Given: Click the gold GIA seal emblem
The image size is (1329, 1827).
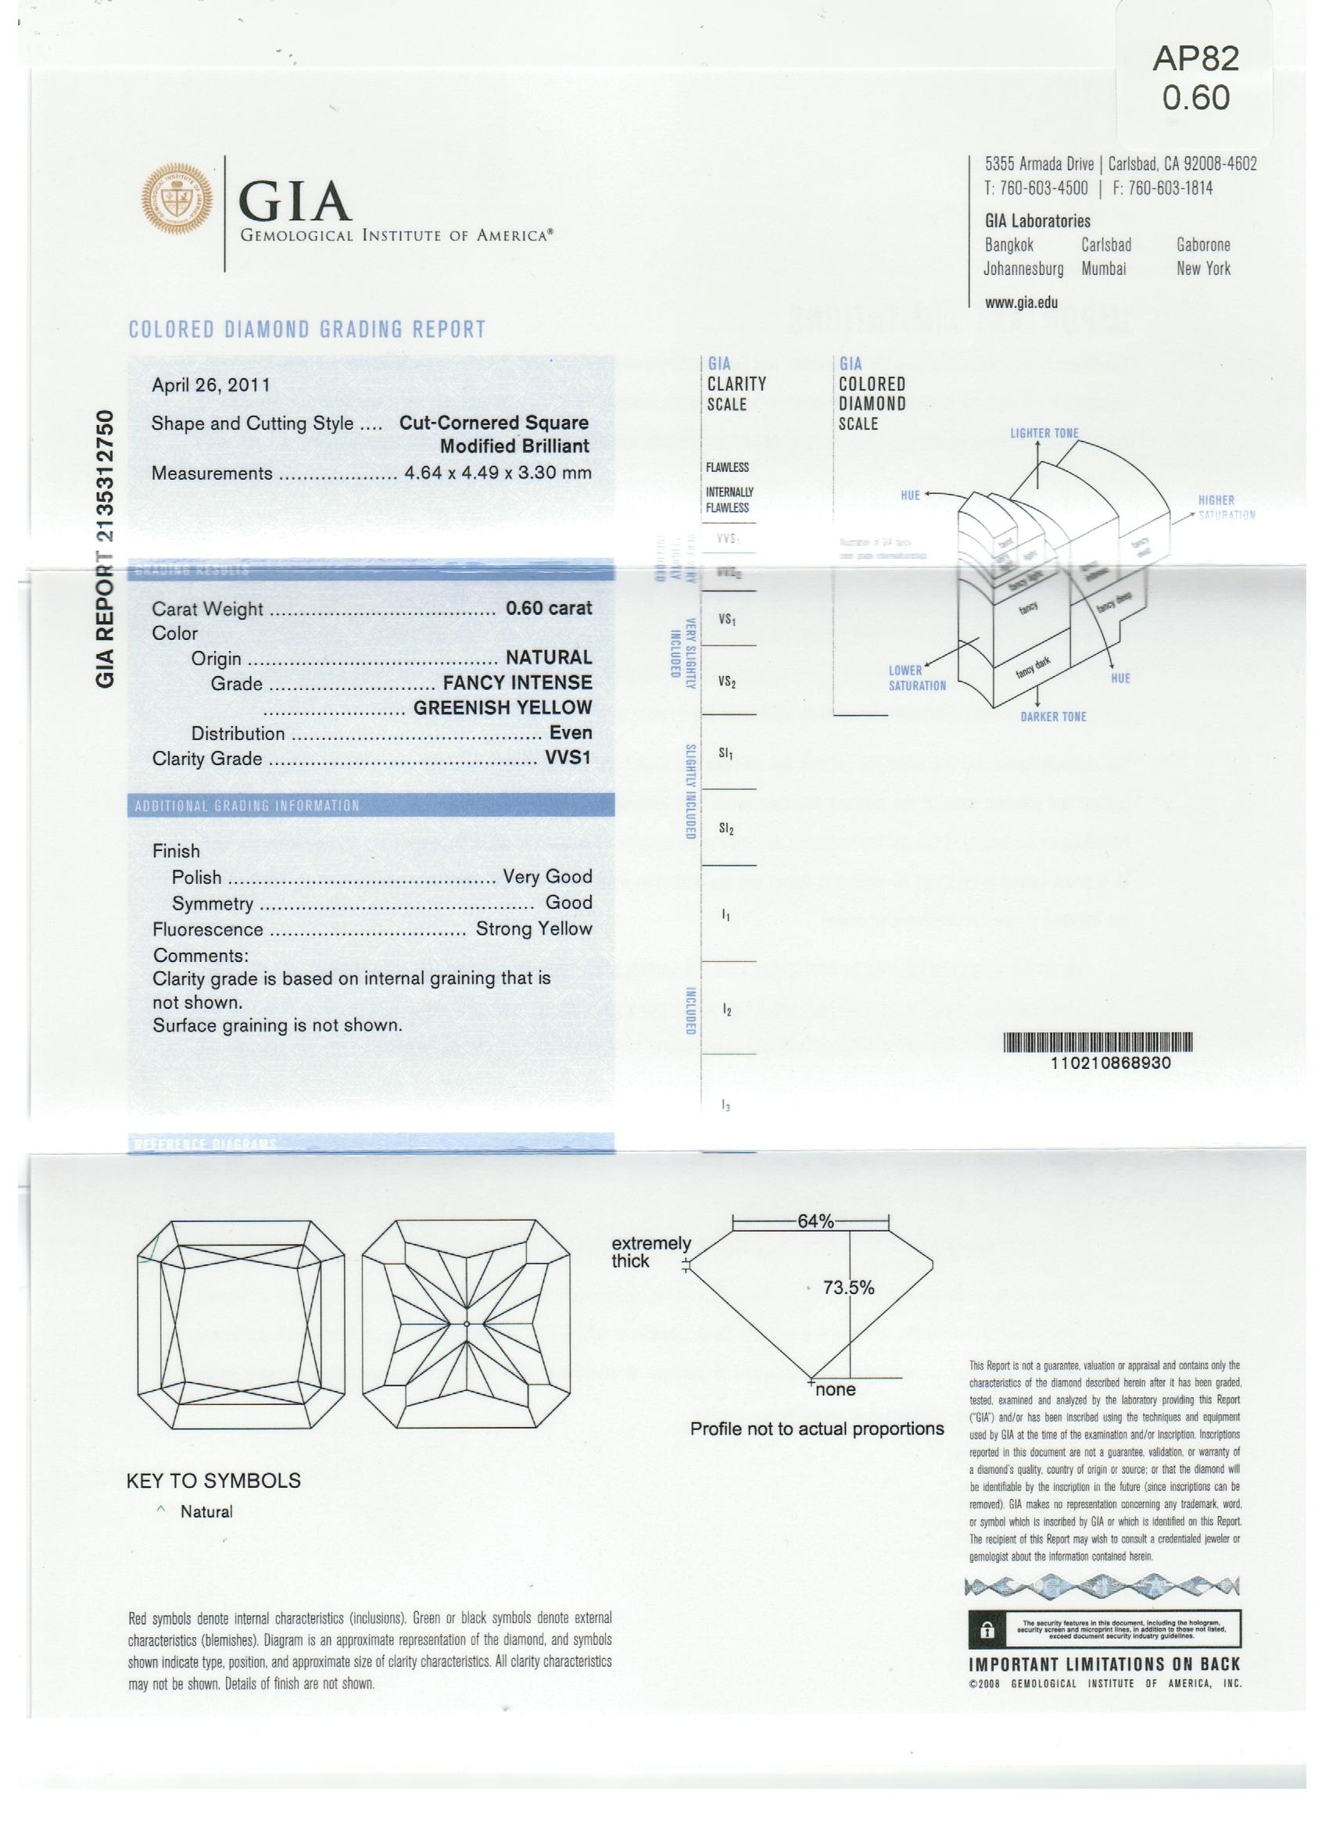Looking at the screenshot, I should [x=177, y=198].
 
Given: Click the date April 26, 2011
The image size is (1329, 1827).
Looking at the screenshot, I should [x=210, y=385].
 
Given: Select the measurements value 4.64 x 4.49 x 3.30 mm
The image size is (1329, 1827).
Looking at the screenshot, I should [x=497, y=473].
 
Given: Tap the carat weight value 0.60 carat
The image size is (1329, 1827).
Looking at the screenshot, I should [x=548, y=608].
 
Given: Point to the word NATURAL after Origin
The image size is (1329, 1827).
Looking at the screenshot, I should [x=548, y=657].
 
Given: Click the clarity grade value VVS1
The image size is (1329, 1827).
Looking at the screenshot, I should [x=568, y=758].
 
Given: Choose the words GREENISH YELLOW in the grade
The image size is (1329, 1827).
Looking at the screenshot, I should [x=502, y=707].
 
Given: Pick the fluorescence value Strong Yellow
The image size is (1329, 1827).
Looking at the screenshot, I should [x=533, y=929].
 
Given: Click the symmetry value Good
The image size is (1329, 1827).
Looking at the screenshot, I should [x=568, y=903].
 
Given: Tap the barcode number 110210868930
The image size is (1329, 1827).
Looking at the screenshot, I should [x=1110, y=1064].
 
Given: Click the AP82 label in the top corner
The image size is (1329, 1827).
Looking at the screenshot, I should [x=1195, y=59].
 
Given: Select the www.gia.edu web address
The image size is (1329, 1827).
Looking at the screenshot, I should [x=1021, y=303].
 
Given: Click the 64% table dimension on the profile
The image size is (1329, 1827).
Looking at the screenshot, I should [x=815, y=1221].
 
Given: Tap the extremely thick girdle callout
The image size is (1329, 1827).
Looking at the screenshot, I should [x=650, y=1252].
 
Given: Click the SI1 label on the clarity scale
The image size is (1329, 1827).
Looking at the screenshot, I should [x=725, y=753].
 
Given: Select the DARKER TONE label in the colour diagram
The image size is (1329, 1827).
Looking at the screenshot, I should [x=1052, y=717].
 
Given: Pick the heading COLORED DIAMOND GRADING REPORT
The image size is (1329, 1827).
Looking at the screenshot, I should [x=307, y=330].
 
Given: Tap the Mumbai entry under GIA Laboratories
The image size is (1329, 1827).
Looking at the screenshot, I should [x=1103, y=269].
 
